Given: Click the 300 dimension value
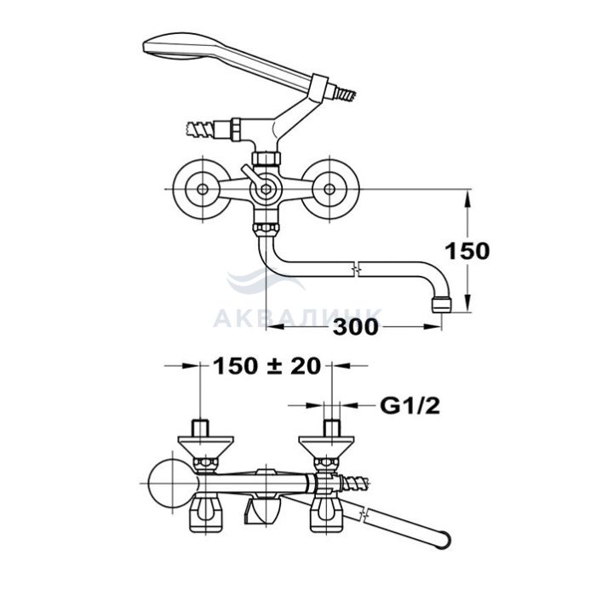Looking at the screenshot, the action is pos(356,327).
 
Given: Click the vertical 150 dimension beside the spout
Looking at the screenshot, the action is pos(467,251).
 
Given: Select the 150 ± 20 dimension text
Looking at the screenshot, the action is pos(266,366).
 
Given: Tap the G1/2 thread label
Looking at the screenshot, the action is pos(410,406).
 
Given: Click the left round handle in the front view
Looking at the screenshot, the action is pos(203,189).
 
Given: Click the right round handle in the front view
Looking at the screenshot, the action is pos(330,189).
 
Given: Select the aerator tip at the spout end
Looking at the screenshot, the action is pos(441,305).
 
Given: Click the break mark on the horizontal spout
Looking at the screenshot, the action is pos(356,270).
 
